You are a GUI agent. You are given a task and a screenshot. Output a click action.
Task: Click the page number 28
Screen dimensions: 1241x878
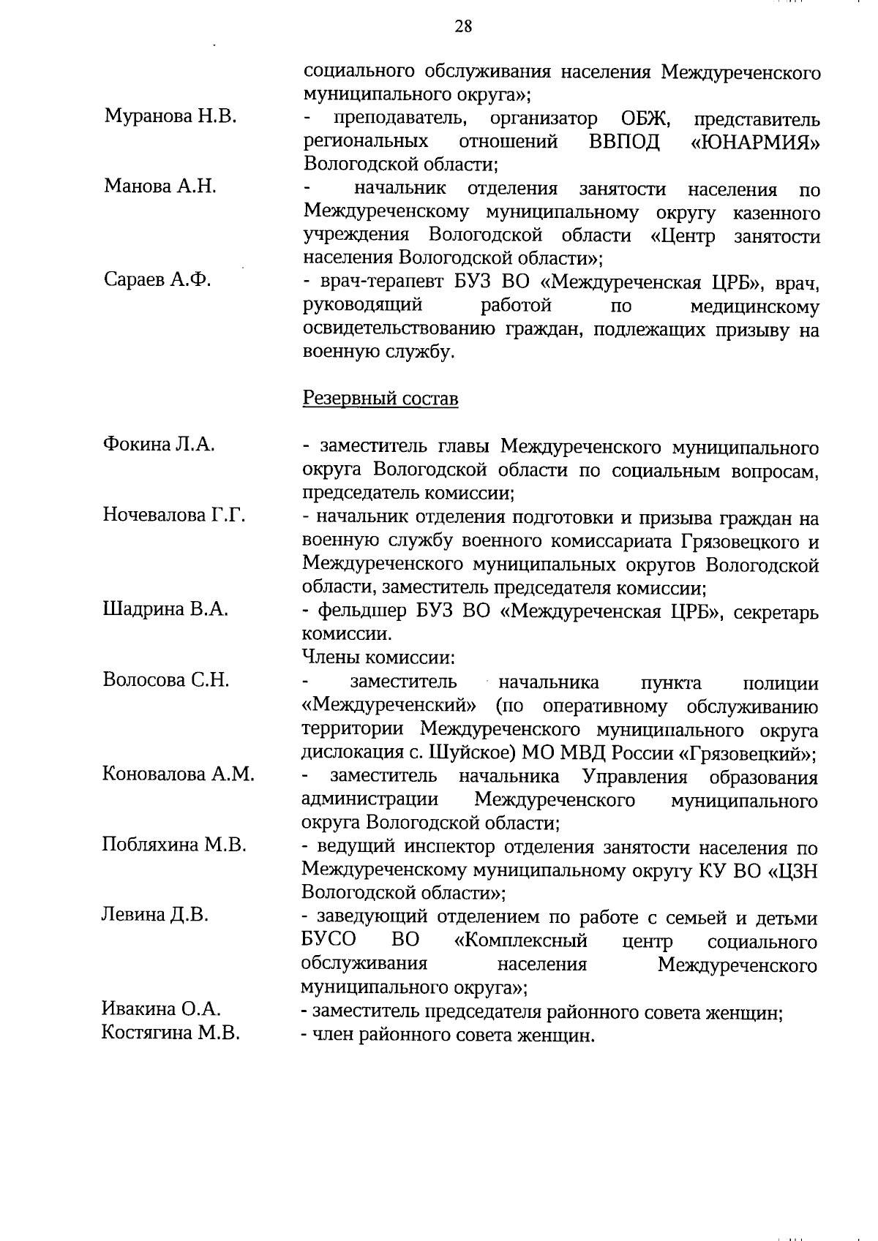[x=463, y=26]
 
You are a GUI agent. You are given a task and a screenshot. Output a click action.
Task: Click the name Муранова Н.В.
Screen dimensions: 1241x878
[x=170, y=116]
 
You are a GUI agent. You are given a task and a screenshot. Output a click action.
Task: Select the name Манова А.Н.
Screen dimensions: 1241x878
[x=160, y=186]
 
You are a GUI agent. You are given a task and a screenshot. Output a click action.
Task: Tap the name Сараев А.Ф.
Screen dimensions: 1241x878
[x=157, y=279]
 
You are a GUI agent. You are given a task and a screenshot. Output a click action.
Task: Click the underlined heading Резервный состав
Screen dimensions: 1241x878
[x=380, y=399]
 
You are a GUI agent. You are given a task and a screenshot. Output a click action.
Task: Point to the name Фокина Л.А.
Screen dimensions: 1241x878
[x=159, y=444]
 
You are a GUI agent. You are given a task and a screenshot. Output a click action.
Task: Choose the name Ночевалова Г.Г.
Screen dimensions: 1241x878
[x=173, y=515]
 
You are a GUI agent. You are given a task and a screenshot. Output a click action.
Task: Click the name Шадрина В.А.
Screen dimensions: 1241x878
[x=165, y=609]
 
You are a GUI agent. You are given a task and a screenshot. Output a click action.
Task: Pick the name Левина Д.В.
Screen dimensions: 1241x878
[x=155, y=915]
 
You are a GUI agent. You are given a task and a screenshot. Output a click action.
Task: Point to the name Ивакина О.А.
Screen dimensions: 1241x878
[x=161, y=1009]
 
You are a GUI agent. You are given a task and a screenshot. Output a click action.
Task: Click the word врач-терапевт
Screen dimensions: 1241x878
[x=369, y=282]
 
